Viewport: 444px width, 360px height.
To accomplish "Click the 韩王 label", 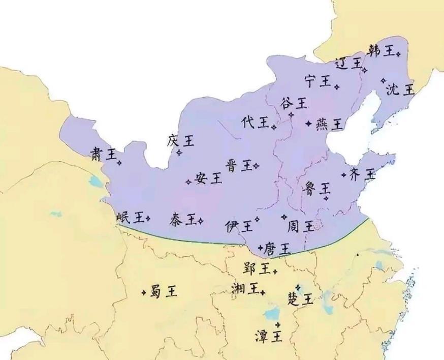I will tap(381, 51).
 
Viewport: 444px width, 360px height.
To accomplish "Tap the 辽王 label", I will tap(348, 64).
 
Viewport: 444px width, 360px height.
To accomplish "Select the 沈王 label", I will tap(400, 90).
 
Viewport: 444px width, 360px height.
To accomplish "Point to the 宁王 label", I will tap(318, 81).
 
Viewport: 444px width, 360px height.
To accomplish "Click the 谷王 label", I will tap(294, 104).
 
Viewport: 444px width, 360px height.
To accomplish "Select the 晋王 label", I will tap(239, 165).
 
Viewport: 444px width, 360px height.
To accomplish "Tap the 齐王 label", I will tap(363, 174).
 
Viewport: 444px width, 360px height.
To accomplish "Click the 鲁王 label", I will tap(318, 189).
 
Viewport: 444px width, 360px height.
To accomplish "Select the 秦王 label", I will tap(184, 219).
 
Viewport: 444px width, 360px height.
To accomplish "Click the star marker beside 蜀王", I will tap(145, 292).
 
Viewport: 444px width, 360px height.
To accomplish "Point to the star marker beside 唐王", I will tap(261, 248).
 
